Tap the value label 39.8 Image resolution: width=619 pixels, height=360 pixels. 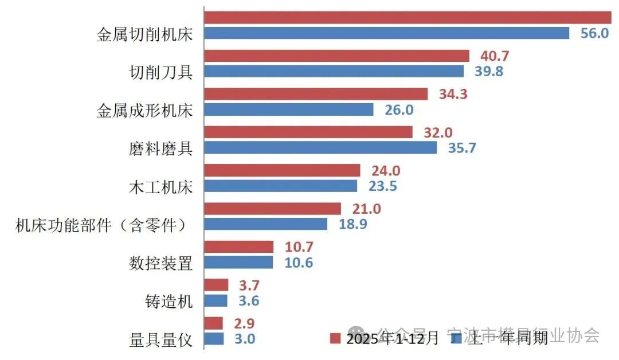click(x=489, y=71)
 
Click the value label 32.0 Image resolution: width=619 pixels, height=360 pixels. click(x=437, y=132)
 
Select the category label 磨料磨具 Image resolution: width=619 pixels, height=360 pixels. click(x=160, y=148)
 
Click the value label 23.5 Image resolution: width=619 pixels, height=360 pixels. click(x=382, y=186)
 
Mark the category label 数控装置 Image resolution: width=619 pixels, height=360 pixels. click(x=160, y=263)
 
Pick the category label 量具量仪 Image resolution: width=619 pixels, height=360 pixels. click(x=160, y=340)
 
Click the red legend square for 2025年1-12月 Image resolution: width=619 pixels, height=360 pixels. click(x=335, y=338)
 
